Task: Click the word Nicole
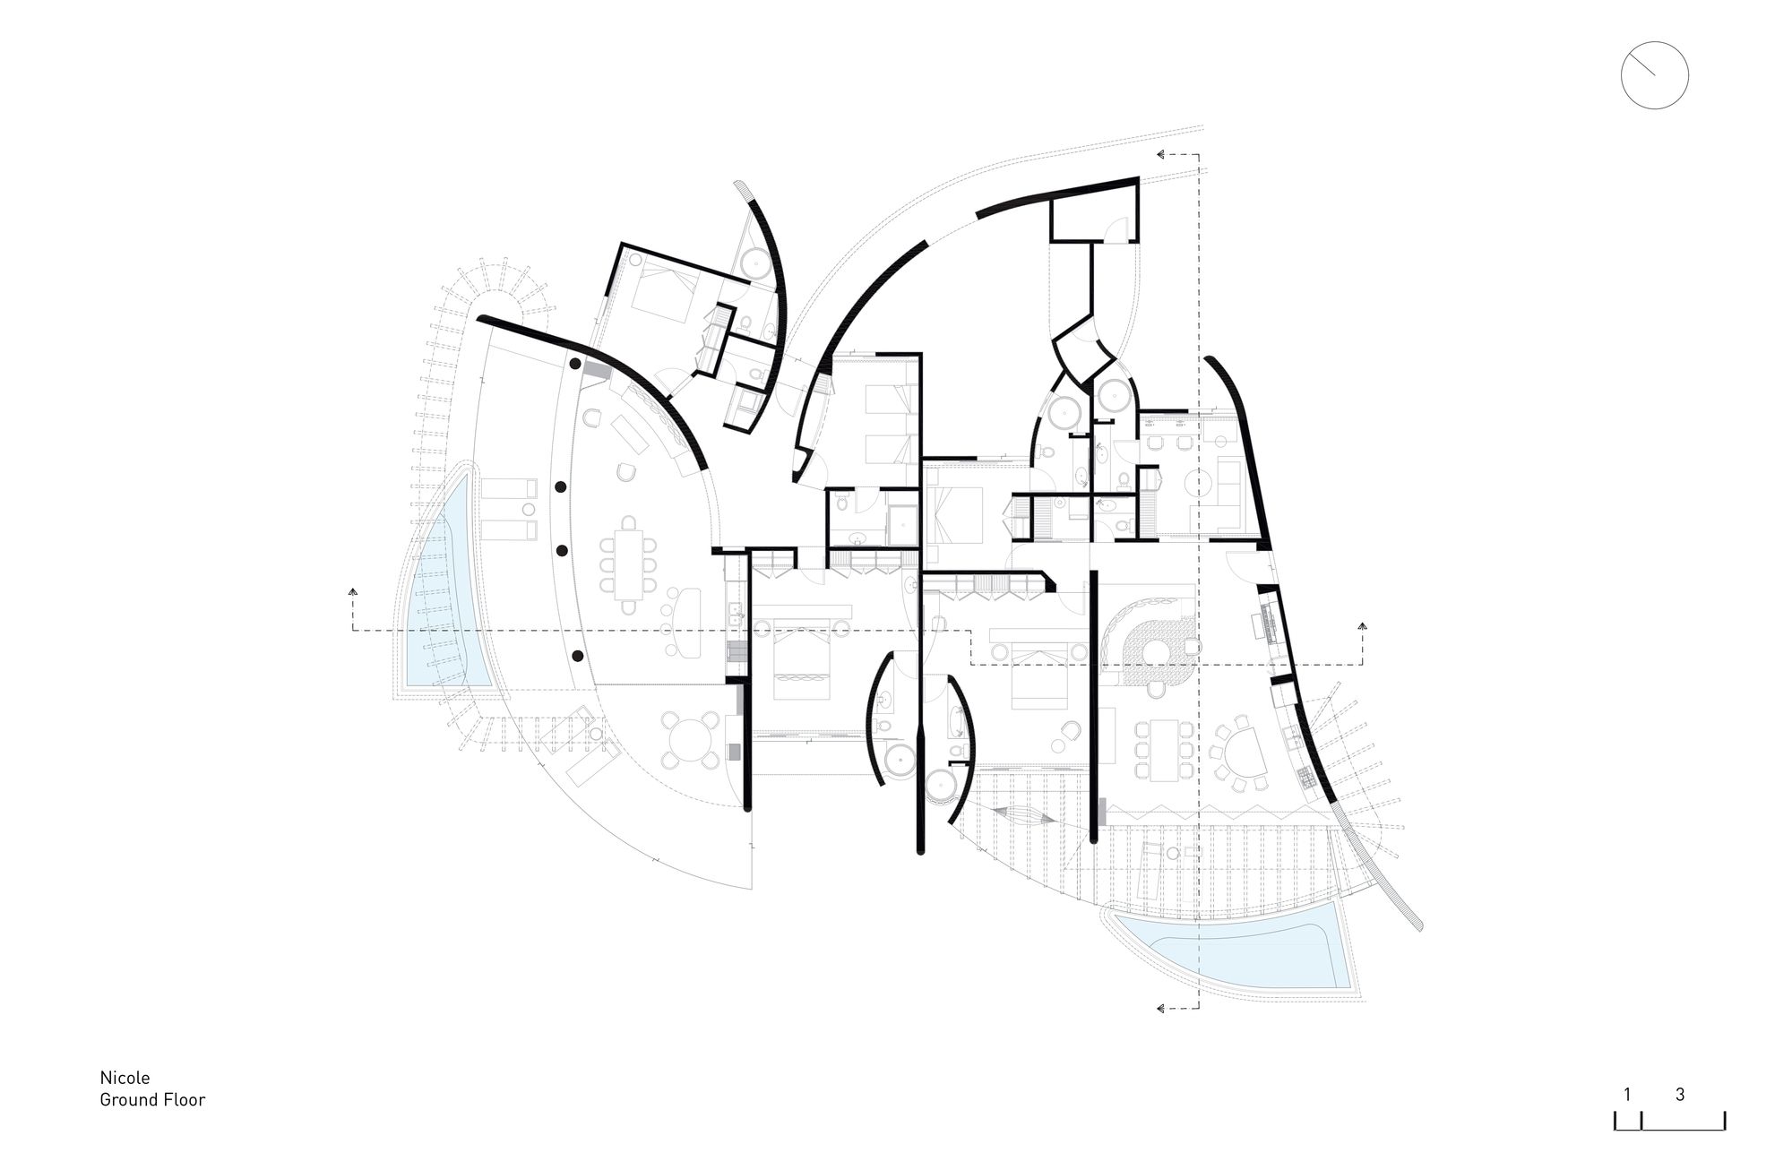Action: [x=125, y=1078]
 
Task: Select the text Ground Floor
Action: [x=152, y=1100]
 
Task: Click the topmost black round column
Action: [x=573, y=365]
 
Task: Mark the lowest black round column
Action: [x=577, y=657]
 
